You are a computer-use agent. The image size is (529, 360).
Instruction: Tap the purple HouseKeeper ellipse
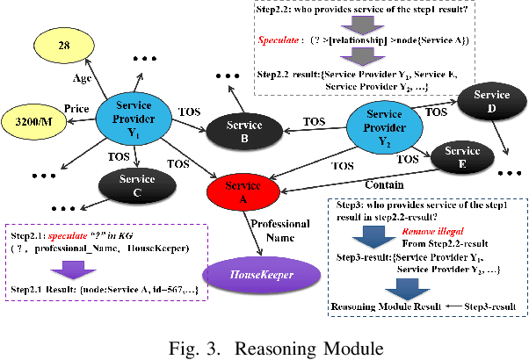(256, 275)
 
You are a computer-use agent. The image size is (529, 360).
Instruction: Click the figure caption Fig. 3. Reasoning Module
(264, 343)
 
